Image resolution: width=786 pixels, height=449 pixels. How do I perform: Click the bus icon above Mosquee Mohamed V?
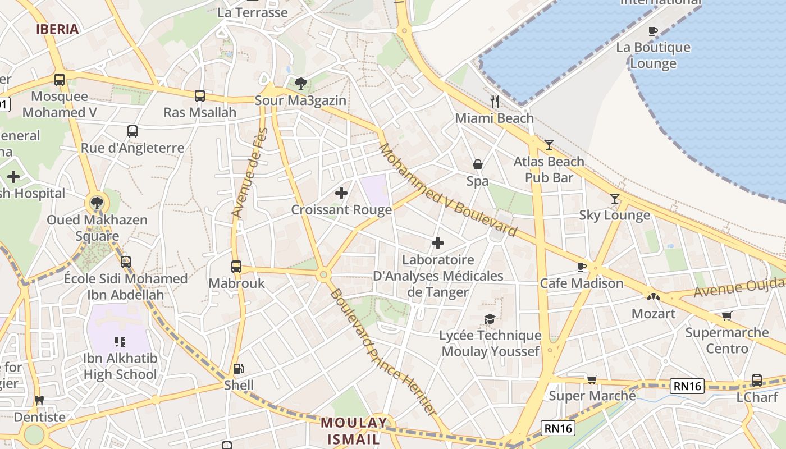(x=60, y=80)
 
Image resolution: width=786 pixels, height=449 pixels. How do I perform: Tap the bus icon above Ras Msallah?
(x=200, y=96)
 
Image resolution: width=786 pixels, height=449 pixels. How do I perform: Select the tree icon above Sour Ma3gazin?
(x=301, y=84)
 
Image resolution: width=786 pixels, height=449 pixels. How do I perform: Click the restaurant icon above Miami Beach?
(x=494, y=102)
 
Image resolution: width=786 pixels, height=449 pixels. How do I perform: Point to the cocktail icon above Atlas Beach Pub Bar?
(x=549, y=145)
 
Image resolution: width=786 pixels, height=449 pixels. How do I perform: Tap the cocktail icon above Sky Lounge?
(x=615, y=199)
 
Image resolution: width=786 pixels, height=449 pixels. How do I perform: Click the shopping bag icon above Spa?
(x=477, y=164)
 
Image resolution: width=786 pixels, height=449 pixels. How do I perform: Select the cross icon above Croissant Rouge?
(x=341, y=194)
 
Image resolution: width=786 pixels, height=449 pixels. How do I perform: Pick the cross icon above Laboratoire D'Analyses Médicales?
(x=438, y=243)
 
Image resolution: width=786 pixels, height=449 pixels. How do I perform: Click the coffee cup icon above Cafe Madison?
(x=582, y=267)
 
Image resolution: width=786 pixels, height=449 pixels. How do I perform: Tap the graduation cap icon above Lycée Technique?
(x=490, y=319)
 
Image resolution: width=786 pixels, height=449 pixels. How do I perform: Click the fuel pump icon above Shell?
(x=239, y=369)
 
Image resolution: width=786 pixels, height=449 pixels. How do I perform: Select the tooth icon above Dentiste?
(x=39, y=401)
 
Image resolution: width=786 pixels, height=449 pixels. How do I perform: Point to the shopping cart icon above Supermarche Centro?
(x=727, y=316)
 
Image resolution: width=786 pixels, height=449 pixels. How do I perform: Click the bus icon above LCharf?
(x=757, y=380)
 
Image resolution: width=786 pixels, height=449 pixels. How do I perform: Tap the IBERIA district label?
(x=57, y=30)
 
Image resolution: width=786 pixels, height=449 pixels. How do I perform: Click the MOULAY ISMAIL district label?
(x=354, y=430)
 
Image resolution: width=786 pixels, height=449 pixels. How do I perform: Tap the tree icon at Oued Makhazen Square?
(x=97, y=203)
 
